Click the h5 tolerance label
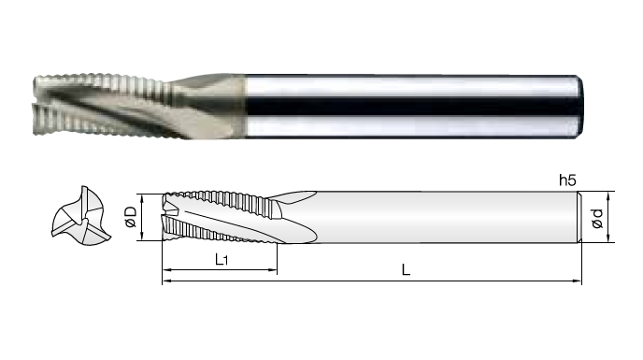568,180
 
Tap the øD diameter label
131,217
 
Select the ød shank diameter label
597,218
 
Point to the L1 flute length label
221,259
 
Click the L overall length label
406,269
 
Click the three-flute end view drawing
81,216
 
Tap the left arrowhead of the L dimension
167,281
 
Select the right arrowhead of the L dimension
577,281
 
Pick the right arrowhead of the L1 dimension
272,269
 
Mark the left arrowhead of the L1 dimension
167,269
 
